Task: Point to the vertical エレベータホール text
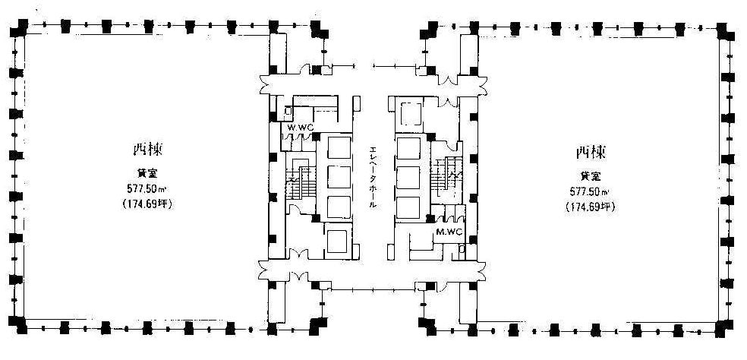(x=373, y=176)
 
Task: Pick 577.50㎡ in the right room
(x=588, y=191)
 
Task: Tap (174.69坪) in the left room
(x=143, y=204)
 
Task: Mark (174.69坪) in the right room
(x=588, y=206)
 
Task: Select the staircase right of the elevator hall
(x=446, y=178)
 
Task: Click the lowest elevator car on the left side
(x=334, y=241)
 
